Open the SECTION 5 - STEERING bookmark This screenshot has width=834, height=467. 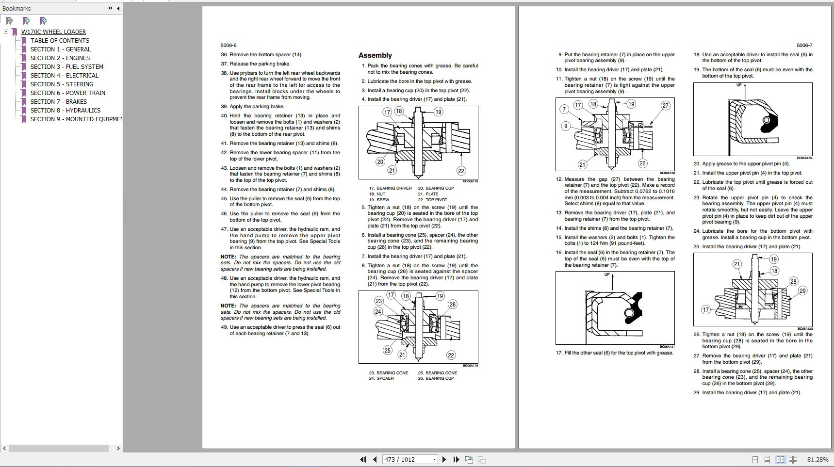pos(62,84)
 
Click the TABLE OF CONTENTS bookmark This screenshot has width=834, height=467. pos(60,40)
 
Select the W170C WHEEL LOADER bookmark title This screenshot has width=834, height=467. pos(53,32)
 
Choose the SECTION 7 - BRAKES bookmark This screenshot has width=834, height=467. pos(59,101)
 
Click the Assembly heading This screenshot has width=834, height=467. pos(375,55)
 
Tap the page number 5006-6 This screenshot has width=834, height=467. pos(229,45)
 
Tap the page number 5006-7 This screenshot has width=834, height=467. pos(804,45)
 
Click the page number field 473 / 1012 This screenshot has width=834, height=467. pos(407,459)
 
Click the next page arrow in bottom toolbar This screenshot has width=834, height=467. pos(444,459)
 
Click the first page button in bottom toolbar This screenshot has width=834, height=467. pos(362,459)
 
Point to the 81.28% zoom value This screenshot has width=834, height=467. pos(818,459)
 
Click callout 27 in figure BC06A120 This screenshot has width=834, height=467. pos(666,105)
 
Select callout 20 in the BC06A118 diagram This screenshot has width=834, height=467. pos(380,161)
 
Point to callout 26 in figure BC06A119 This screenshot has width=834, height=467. pos(452,304)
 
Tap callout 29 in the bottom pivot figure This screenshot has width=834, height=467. pos(802,290)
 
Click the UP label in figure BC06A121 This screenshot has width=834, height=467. pos(607,274)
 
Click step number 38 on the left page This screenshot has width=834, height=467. pos(224,73)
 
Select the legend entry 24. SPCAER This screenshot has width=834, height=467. pos(381,378)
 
